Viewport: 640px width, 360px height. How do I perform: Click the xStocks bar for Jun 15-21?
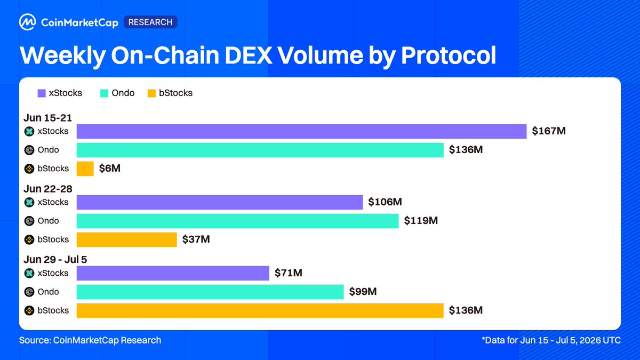click(301, 131)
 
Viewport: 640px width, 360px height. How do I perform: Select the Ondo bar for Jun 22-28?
click(237, 221)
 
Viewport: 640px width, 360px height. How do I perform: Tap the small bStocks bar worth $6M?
click(85, 169)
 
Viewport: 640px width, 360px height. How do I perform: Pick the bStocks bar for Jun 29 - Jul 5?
click(260, 310)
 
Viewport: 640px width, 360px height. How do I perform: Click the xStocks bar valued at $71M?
click(173, 273)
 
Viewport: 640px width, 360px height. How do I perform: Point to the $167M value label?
click(549, 131)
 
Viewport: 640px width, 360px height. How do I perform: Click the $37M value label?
click(196, 239)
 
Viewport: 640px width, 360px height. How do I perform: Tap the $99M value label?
click(363, 291)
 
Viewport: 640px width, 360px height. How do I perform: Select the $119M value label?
click(421, 221)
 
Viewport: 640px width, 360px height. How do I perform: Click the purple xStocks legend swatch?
click(42, 93)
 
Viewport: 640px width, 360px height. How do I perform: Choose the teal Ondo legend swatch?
click(105, 93)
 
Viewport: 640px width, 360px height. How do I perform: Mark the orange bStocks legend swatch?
click(151, 93)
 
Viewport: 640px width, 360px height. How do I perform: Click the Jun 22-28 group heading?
click(47, 189)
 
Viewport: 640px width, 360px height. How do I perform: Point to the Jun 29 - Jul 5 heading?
click(55, 259)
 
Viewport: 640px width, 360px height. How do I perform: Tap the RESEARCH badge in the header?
click(150, 22)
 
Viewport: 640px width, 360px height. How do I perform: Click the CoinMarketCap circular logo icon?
click(27, 22)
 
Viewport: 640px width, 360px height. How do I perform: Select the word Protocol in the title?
click(449, 55)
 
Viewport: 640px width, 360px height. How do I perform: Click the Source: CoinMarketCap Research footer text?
click(90, 340)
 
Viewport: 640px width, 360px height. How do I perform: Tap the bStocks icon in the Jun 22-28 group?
click(29, 239)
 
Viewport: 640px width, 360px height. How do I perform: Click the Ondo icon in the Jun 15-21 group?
click(29, 150)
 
